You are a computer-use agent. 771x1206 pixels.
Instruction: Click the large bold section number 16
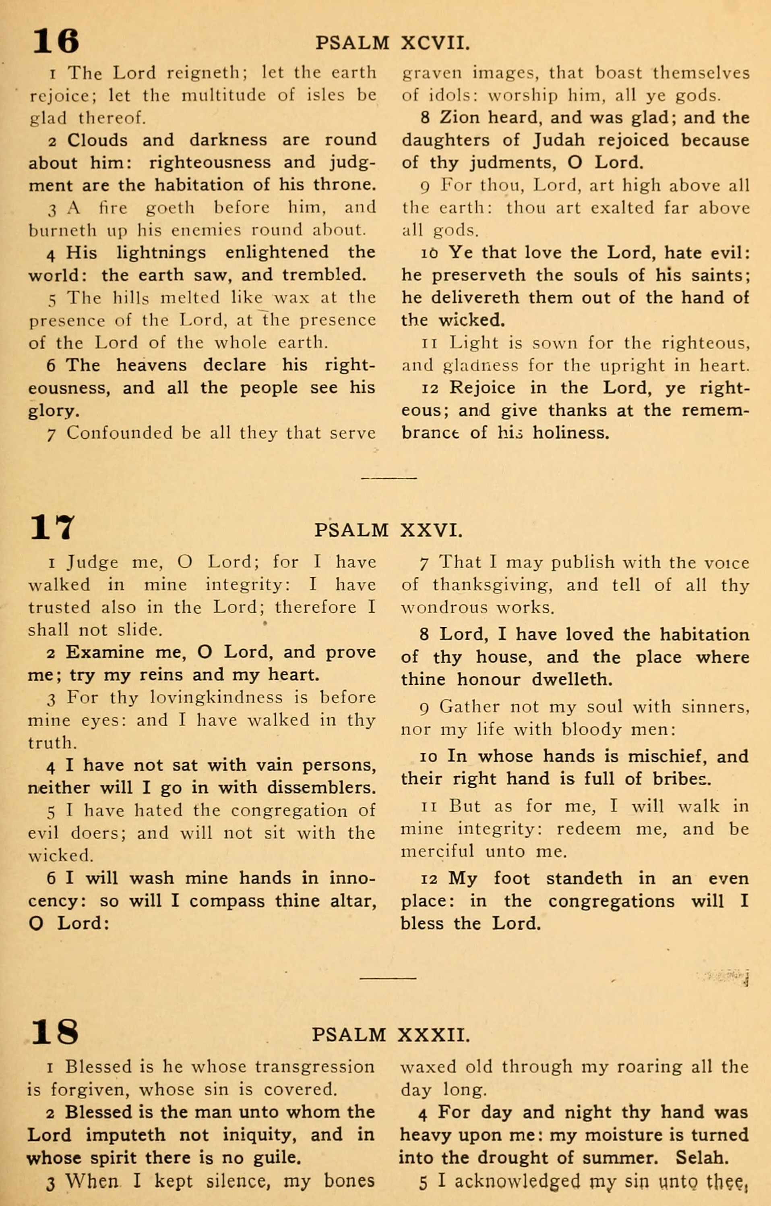pyautogui.click(x=56, y=41)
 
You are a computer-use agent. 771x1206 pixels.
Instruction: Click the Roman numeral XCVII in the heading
pyautogui.click(x=435, y=44)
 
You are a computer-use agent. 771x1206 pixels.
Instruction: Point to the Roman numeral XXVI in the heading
pyautogui.click(x=431, y=530)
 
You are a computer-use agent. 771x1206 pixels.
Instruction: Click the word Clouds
pyautogui.click(x=97, y=140)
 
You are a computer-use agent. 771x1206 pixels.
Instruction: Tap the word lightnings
pyautogui.click(x=161, y=253)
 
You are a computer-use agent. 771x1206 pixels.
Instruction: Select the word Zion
pyautogui.click(x=458, y=117)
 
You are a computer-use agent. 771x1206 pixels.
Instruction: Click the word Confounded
pyautogui.click(x=119, y=433)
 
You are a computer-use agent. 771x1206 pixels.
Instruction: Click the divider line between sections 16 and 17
pyautogui.click(x=389, y=478)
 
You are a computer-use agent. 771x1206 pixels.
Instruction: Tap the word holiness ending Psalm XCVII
pyautogui.click(x=571, y=433)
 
